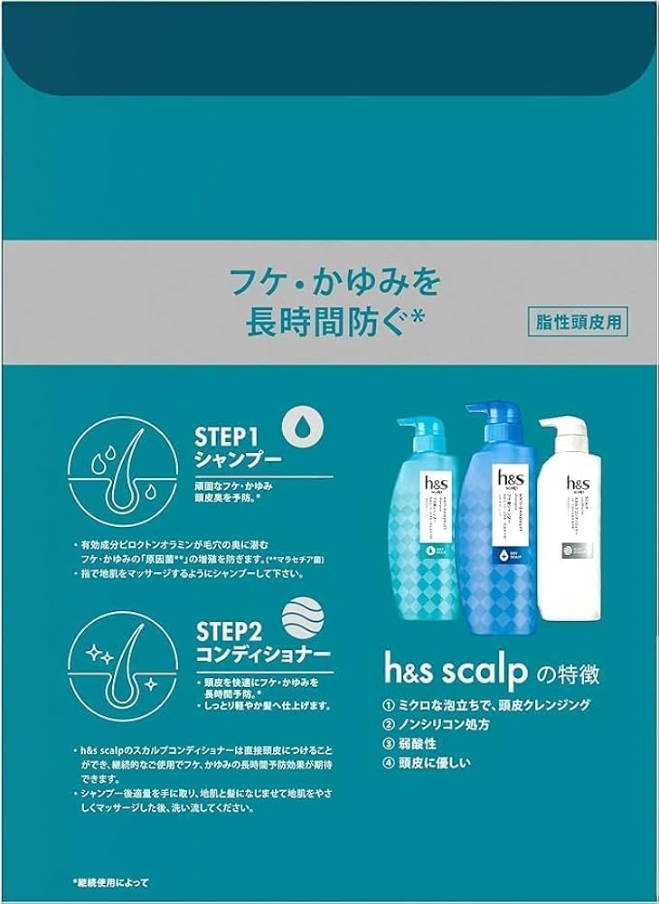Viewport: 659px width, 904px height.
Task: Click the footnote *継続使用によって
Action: tap(110, 880)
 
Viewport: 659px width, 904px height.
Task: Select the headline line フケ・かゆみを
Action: tap(348, 283)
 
